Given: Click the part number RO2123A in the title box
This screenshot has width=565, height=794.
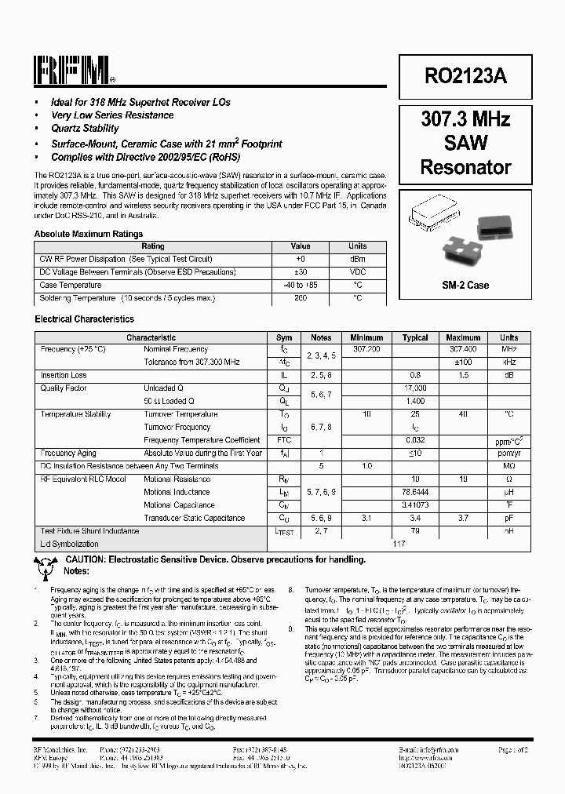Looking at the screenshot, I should click(x=465, y=76).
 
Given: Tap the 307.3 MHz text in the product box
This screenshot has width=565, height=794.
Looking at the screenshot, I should click(x=465, y=120).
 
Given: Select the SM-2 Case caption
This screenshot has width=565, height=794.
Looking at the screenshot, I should click(x=465, y=285).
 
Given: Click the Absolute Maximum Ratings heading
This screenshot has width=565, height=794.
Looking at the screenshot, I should click(x=89, y=234).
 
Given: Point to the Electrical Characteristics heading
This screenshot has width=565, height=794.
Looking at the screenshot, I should click(x=84, y=319).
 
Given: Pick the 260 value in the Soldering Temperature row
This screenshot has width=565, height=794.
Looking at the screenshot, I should click(x=301, y=298).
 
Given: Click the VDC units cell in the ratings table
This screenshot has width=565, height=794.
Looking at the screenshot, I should click(x=358, y=272).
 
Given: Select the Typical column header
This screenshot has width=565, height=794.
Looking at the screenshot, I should click(x=415, y=337).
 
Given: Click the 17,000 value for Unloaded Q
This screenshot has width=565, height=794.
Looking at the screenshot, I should click(x=415, y=388).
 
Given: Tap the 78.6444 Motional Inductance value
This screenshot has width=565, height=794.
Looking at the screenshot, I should click(x=415, y=492).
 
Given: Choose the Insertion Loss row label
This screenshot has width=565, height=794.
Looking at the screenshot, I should click(x=64, y=376).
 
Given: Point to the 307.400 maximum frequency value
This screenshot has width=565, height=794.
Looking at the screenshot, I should click(x=463, y=349).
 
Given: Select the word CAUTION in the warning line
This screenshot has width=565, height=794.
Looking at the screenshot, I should click(x=89, y=559).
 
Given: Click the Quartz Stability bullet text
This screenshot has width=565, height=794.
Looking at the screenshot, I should click(x=85, y=129).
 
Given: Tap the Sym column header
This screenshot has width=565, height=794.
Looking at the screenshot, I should click(x=284, y=337).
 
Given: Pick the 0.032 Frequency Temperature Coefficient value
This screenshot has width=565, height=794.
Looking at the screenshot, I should click(x=415, y=440).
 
